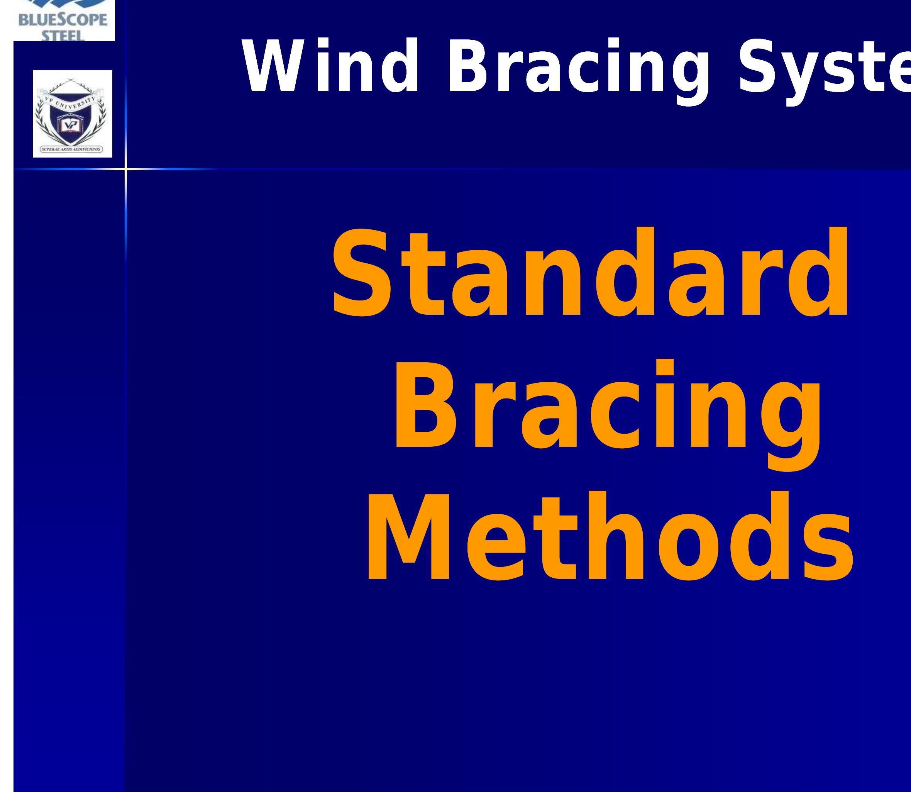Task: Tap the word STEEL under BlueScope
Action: [64, 36]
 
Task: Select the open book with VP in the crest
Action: [71, 126]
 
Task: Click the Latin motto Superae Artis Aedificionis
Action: [71, 149]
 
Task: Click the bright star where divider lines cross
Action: [125, 168]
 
